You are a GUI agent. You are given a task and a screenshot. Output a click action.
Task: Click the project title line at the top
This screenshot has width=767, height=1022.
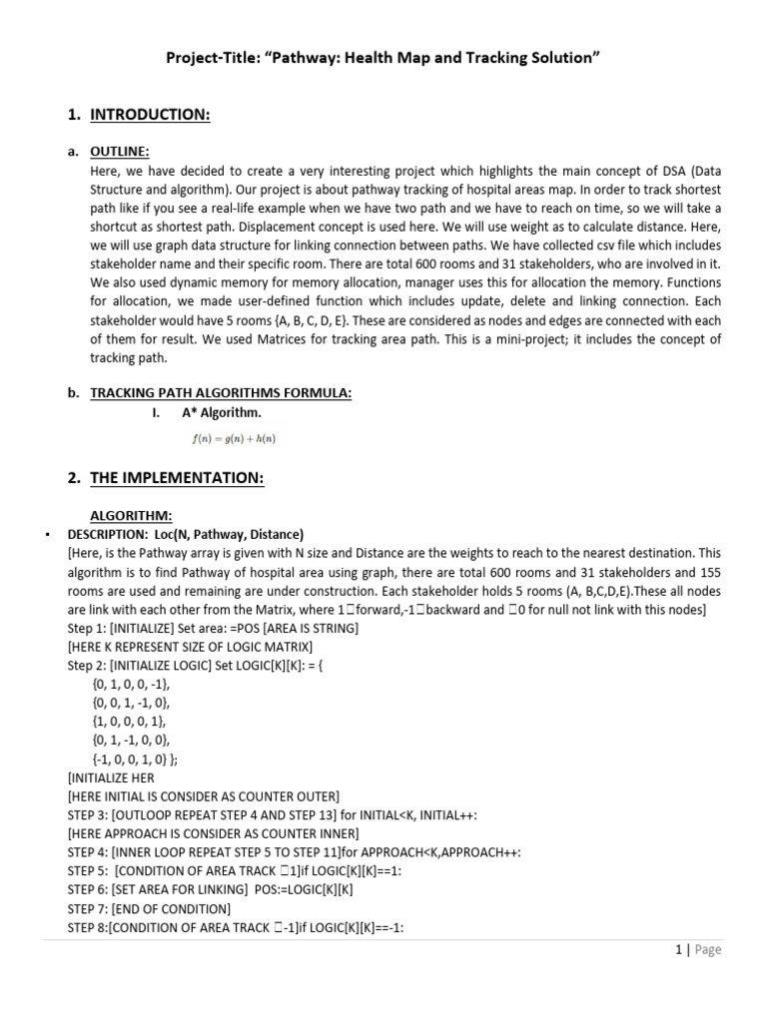point(383,59)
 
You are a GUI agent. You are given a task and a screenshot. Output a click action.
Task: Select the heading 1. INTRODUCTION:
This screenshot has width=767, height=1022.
point(150,115)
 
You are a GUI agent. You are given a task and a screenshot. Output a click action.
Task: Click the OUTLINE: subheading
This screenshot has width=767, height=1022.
point(119,152)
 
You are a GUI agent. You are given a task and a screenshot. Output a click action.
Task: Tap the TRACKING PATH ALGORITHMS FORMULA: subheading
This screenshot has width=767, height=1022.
point(221,393)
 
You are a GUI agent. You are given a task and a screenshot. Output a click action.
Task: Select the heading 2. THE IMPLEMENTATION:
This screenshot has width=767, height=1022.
point(177,478)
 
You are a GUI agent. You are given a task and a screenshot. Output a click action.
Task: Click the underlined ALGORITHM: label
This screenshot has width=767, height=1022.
point(132,515)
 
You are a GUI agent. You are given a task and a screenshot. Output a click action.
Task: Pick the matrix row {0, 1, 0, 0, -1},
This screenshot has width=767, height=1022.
point(131,684)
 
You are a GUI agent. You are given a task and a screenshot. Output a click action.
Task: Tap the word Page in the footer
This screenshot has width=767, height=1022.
point(707,950)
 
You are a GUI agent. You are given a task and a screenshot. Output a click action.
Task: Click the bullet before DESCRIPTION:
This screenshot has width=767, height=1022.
point(48,535)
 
